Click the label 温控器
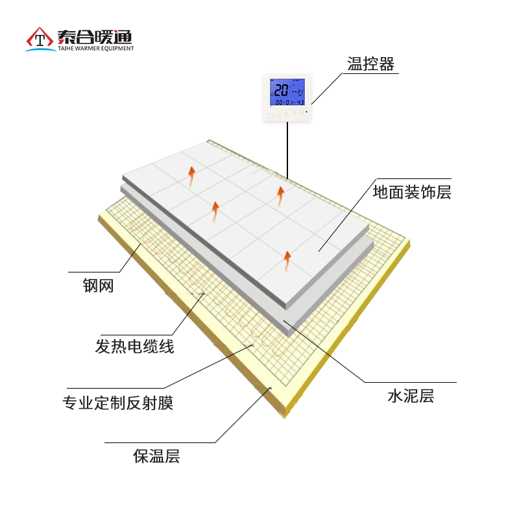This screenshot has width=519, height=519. [371, 64]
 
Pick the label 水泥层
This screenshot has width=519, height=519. [410, 396]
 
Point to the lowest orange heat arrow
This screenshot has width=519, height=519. [286, 259]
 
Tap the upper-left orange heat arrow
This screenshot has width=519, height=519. [191, 174]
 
